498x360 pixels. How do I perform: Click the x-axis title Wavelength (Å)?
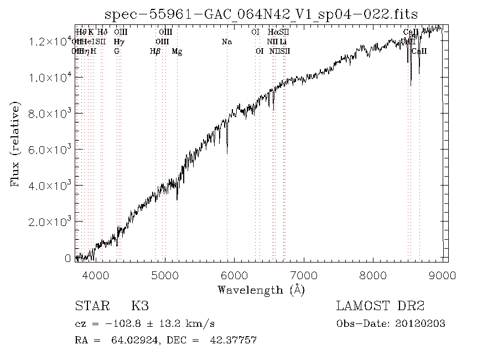261,289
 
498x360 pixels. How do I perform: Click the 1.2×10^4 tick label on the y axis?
51,42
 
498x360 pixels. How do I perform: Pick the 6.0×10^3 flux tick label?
51,150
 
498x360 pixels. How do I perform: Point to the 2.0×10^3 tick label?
51,222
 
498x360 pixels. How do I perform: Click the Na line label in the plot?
227,42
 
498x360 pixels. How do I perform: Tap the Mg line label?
177,52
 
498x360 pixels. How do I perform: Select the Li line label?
283,42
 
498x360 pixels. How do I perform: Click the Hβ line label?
155,52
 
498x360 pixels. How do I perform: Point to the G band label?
117,52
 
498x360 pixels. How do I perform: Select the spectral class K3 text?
139,306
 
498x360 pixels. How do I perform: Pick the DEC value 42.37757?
233,340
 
